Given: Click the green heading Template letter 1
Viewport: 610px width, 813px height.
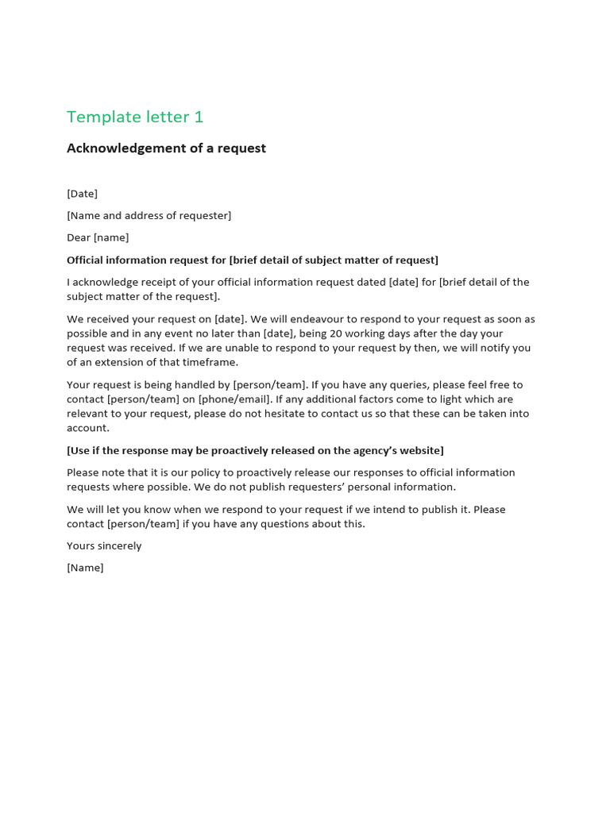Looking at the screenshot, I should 135,117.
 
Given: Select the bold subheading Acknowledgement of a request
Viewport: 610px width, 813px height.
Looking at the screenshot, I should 166,148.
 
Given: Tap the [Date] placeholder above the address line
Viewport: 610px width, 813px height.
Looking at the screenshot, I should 83,194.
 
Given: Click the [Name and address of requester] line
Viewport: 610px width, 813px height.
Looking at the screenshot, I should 149,216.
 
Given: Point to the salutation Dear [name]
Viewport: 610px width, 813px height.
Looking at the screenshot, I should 98,237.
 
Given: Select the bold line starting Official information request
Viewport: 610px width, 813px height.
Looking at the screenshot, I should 253,260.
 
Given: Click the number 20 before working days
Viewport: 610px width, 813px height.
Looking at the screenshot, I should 336,333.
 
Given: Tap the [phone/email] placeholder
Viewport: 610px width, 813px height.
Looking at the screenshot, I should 235,399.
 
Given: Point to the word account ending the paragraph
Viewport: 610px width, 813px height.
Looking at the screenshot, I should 87,428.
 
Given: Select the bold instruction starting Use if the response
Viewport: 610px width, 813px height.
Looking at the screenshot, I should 255,450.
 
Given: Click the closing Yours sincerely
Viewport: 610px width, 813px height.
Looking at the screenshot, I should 104,546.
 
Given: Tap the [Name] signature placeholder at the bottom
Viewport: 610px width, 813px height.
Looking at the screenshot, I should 85,568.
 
